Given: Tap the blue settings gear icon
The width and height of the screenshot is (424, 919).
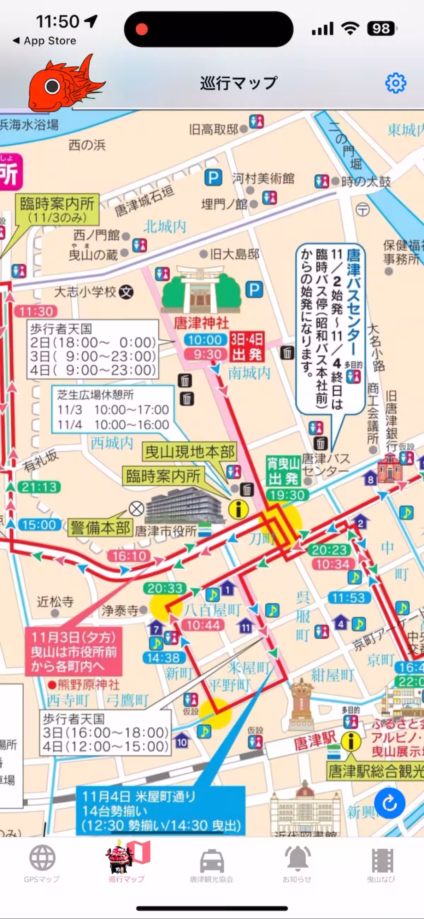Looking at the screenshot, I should pyautogui.click(x=395, y=83).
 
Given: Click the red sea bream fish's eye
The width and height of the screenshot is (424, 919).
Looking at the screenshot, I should pyautogui.click(x=52, y=86).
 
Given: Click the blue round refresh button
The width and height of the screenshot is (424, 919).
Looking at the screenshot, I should pyautogui.click(x=389, y=803).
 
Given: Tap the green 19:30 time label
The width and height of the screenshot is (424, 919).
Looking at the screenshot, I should pyautogui.click(x=287, y=495).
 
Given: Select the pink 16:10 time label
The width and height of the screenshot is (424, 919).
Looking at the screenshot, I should pyautogui.click(x=129, y=556).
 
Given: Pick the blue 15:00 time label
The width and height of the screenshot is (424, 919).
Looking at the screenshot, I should pyautogui.click(x=39, y=525).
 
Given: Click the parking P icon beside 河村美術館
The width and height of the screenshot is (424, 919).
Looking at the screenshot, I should pyautogui.click(x=213, y=177).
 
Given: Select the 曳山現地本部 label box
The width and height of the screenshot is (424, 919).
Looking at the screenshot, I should pyautogui.click(x=189, y=452).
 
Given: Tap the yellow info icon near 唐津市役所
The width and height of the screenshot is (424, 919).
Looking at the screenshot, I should pyautogui.click(x=238, y=509).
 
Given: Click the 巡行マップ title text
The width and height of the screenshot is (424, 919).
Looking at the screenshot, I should pyautogui.click(x=238, y=83).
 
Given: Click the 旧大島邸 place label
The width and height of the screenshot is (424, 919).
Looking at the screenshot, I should pyautogui.click(x=234, y=254).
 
